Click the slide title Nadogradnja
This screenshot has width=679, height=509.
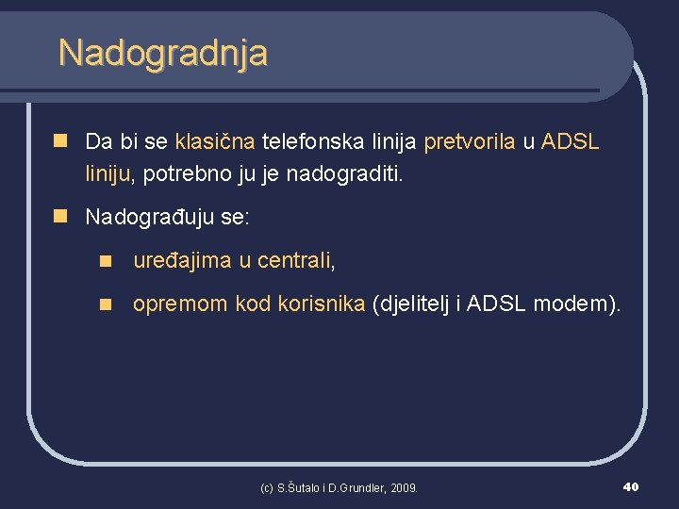pos(162,52)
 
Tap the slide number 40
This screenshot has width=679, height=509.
pos(631,486)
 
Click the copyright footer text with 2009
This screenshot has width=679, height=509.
pos(339,487)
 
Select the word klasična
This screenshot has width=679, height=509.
pos(215,142)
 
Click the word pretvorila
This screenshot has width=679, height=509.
pos(470,142)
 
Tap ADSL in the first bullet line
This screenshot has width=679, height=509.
pos(571,142)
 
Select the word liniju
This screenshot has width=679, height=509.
pos(109,172)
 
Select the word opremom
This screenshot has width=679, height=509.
pos(180,304)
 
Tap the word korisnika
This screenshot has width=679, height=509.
pos(322,304)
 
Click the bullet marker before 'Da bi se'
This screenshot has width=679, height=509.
pos(62,141)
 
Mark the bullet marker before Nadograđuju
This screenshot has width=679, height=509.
pos(62,216)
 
